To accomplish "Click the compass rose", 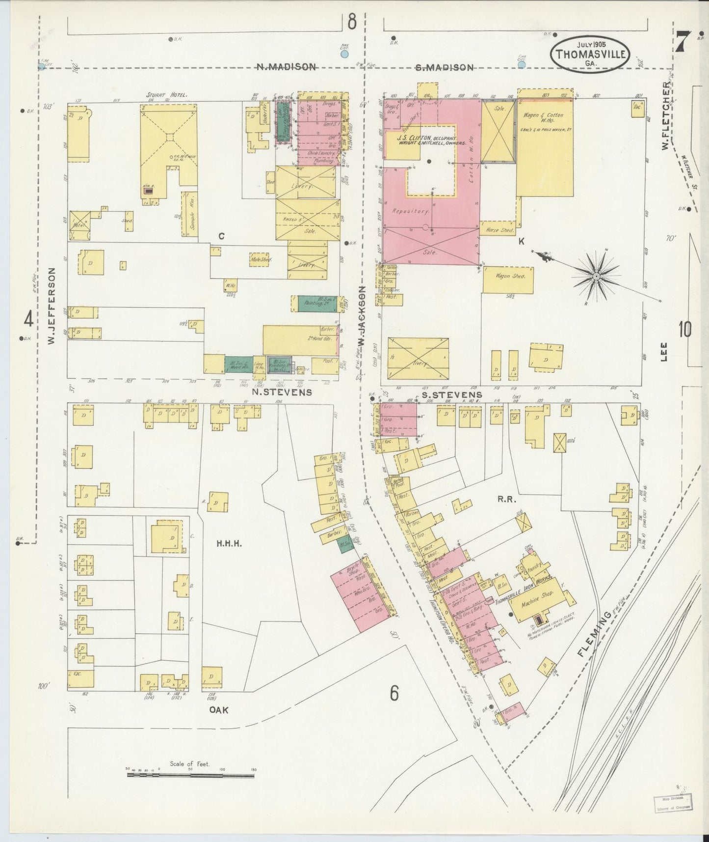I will pos(596,277).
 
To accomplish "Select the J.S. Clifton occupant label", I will pos(426,140).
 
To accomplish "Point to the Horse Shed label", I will pos(499,230).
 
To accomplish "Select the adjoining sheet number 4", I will pos(28,320).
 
